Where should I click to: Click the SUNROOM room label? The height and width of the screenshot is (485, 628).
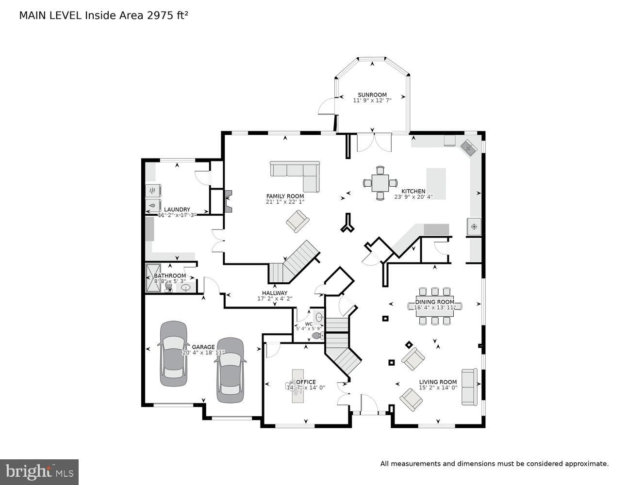pos(372,95)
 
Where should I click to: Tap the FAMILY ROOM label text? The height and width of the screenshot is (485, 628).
pos(285,196)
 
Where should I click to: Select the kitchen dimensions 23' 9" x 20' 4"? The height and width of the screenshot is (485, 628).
pos(413,197)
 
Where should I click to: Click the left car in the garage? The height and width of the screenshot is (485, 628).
pos(174,354)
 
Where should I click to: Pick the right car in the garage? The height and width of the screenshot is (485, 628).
pos(230,370)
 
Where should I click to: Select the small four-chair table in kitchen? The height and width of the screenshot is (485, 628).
pos(380,183)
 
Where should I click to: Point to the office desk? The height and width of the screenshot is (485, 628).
pos(297,386)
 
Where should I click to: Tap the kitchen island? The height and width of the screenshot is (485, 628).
pos(436,183)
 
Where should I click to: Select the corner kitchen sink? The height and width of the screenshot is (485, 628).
pos(469,147)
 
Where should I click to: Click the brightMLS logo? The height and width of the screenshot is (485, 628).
pos(39,472)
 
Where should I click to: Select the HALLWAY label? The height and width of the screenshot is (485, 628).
pos(275,293)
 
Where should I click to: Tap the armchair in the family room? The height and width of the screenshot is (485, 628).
pos(297,222)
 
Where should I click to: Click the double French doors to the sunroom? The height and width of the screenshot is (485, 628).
pos(373,142)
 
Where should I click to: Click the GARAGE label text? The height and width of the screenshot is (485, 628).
pos(203,347)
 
